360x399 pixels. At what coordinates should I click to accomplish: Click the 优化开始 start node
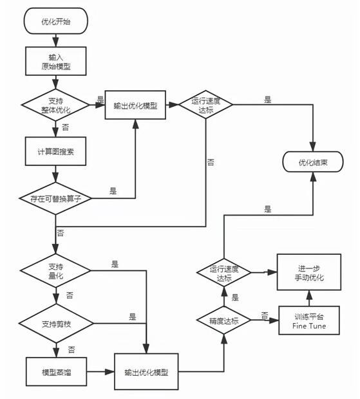coord(56,21)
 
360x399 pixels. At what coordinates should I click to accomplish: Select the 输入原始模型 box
coord(56,61)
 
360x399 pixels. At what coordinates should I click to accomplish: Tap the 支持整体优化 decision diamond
coord(55,105)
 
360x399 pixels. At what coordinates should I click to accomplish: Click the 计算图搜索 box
coord(55,151)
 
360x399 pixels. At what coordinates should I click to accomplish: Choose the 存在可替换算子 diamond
coord(55,198)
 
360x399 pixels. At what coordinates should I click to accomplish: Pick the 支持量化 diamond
coord(55,270)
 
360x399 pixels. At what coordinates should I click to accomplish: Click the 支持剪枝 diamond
coord(56,324)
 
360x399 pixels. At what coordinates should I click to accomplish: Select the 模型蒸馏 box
coord(56,372)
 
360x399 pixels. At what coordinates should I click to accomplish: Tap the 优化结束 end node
coord(313,162)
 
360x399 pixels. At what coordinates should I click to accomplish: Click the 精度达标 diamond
coord(223,320)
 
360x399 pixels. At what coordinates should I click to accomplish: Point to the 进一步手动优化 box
coord(309,272)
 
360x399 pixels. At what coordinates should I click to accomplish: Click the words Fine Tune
coord(309,326)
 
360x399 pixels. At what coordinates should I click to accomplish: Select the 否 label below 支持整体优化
coord(66,127)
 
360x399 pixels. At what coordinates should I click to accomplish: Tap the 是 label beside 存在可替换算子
coord(113,190)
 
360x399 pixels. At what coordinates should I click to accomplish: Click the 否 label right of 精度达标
coord(265,315)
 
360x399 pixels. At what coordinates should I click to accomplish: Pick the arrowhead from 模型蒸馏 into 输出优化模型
coord(109,372)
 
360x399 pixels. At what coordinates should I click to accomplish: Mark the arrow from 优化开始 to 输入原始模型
coord(55,40)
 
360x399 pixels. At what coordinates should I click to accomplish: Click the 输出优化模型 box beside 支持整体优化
coord(135,105)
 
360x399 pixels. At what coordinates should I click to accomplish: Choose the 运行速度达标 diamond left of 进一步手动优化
coord(223,272)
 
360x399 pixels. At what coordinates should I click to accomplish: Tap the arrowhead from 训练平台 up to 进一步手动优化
coord(309,295)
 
